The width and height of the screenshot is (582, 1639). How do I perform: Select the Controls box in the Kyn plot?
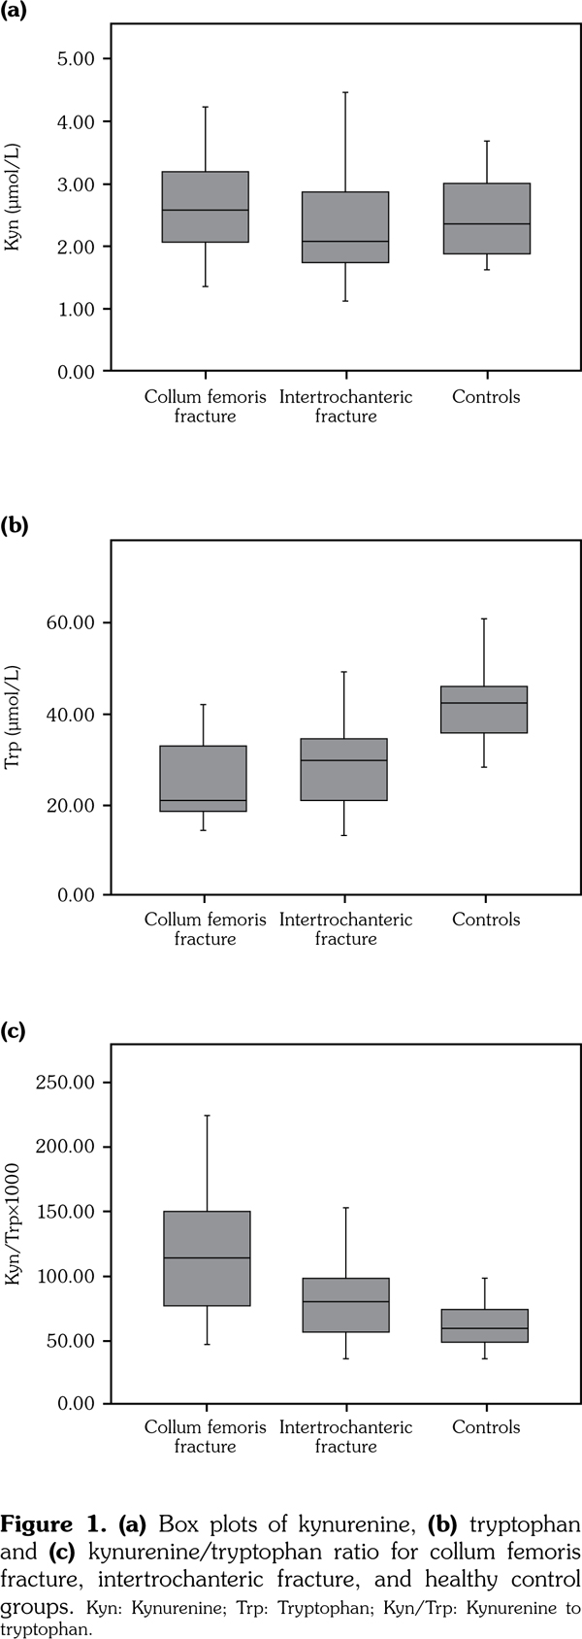click(x=487, y=218)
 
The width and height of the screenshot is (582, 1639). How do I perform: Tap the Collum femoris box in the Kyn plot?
click(x=206, y=207)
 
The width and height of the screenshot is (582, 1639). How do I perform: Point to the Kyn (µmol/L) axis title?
click(x=14, y=198)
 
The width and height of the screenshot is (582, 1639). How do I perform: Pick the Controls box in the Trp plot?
click(x=484, y=709)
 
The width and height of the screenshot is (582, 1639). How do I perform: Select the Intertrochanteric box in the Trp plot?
click(x=345, y=769)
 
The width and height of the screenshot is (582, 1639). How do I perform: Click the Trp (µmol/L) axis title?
click(x=14, y=718)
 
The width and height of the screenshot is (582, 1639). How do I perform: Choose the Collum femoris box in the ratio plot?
click(x=207, y=1258)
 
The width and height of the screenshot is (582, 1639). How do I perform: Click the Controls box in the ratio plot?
click(x=484, y=1325)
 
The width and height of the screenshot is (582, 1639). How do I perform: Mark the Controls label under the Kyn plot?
click(x=486, y=396)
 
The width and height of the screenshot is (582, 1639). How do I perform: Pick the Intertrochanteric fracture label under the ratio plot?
click(x=345, y=1437)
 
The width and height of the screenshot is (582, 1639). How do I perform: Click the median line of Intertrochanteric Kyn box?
click(x=345, y=241)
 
